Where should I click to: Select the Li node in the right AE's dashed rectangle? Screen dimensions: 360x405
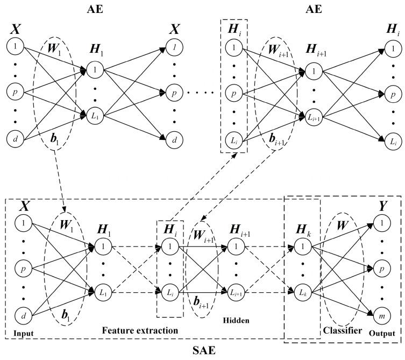[234, 141]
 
